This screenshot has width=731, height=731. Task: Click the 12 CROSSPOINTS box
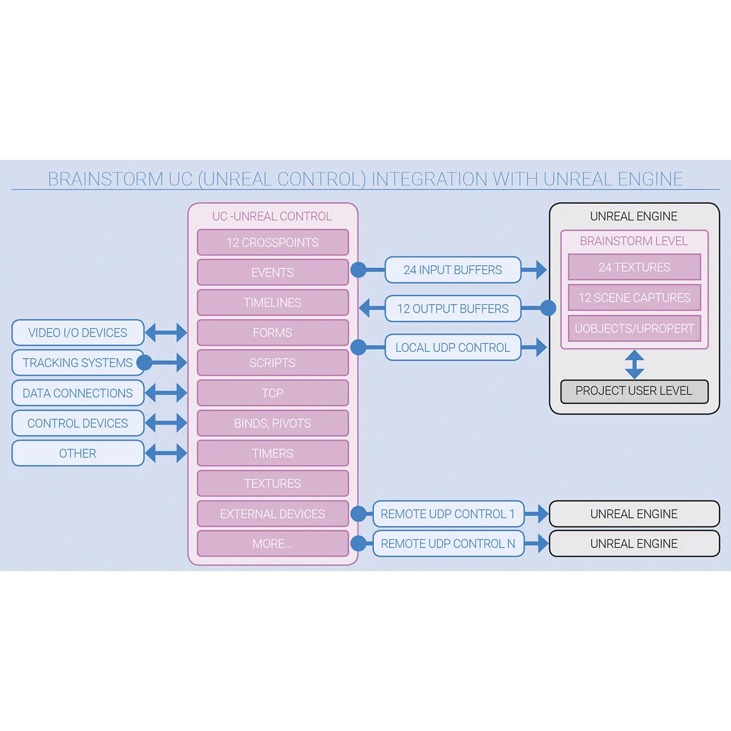coord(272,242)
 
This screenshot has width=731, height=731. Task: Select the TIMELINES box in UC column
coord(272,303)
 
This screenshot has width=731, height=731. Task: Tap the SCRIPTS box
coord(272,363)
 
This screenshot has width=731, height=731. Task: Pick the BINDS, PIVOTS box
coord(272,423)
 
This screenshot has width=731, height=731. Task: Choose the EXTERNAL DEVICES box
coord(272,514)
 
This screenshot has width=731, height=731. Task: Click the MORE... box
coord(272,544)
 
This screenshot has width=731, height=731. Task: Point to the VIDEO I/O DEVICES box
coord(78,332)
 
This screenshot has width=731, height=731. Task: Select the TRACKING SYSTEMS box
coord(78,363)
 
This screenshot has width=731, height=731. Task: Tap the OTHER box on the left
coord(78,453)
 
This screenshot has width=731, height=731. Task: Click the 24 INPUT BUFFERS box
coord(453,270)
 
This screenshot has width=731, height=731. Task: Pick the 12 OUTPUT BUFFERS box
coord(453,309)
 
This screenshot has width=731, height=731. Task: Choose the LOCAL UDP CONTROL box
coord(453,347)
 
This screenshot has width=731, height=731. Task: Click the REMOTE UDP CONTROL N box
coord(448,544)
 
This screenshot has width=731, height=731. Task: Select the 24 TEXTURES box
coord(634,267)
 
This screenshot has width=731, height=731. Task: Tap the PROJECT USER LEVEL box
coord(634,391)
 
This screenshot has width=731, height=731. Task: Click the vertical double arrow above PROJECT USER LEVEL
coord(634,364)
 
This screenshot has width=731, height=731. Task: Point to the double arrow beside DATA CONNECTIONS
coord(166,393)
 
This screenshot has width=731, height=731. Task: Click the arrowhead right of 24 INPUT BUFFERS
coord(540,270)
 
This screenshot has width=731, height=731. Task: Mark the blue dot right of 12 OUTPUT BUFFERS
coord(548,308)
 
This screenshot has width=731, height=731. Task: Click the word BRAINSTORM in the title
coord(106,179)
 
